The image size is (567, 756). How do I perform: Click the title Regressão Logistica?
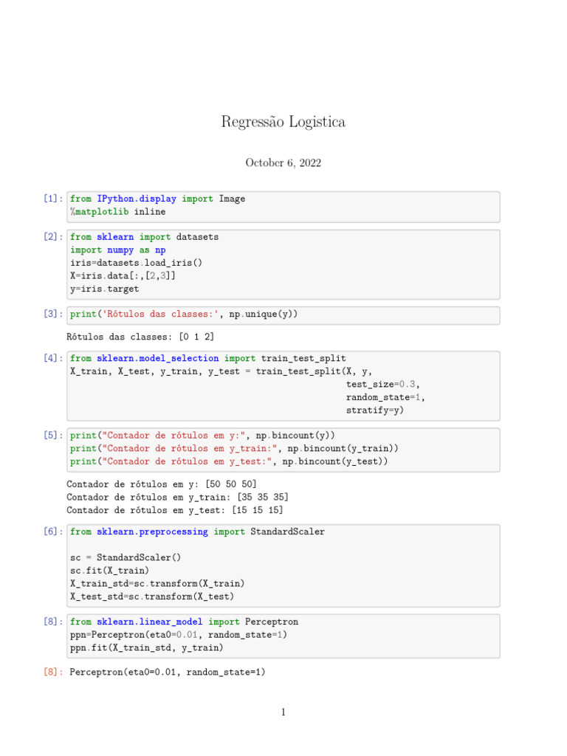(283, 122)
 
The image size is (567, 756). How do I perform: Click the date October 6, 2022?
(283, 163)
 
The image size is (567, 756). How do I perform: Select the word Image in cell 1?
(232, 199)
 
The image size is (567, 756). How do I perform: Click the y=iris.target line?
(104, 289)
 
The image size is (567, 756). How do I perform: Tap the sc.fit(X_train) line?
(109, 571)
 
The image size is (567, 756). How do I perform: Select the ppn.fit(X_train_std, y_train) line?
(146, 648)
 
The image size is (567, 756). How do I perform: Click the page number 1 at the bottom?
(283, 712)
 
